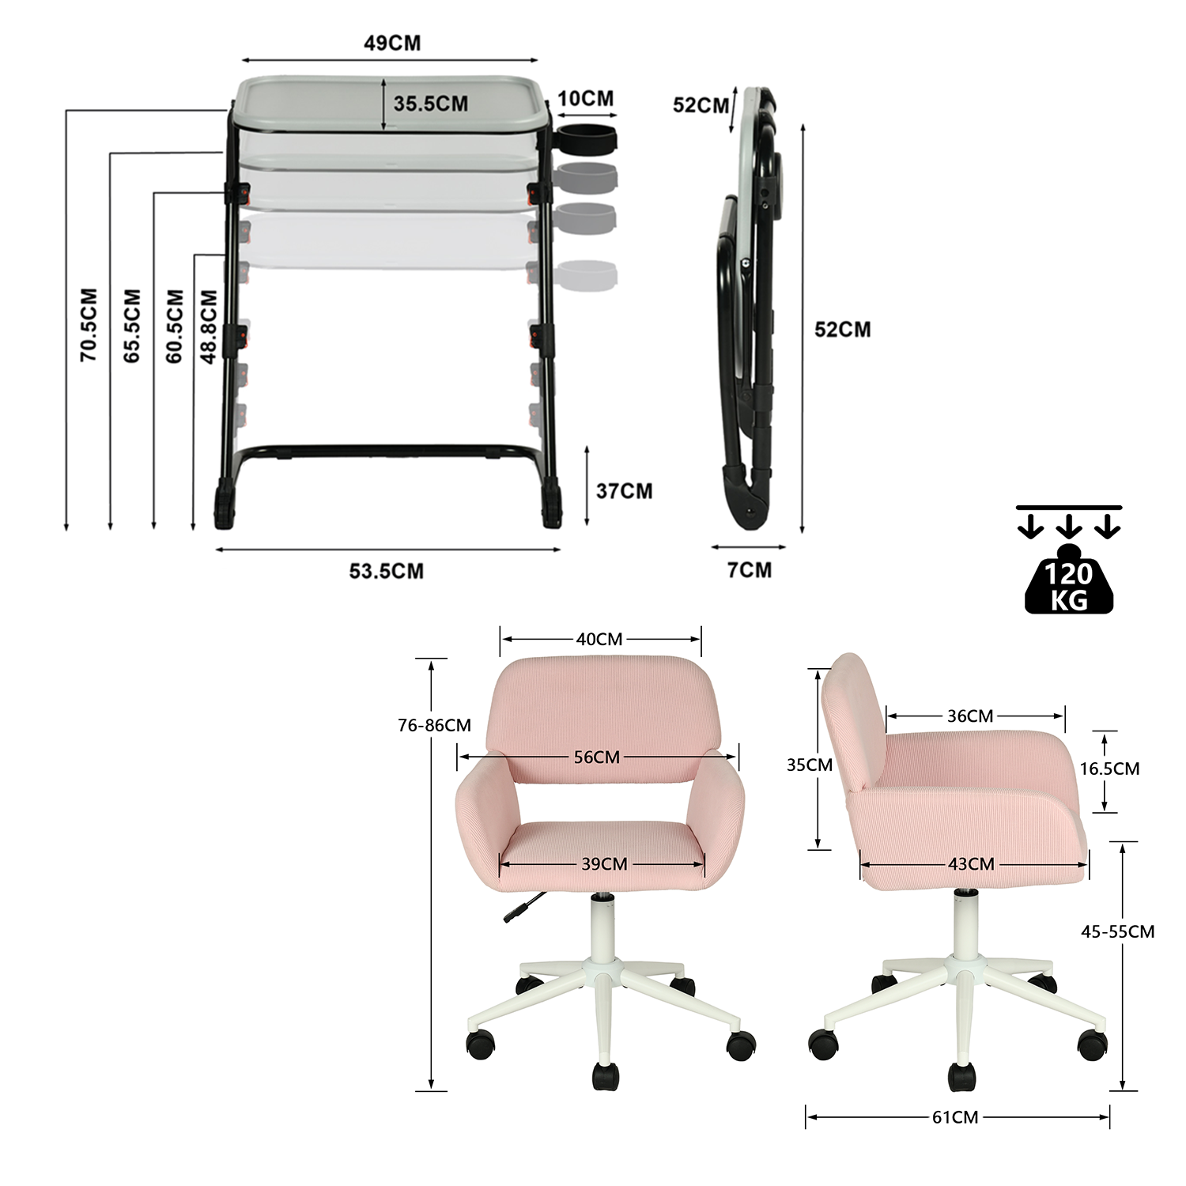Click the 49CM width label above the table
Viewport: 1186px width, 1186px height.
[392, 43]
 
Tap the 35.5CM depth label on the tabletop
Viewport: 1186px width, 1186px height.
[431, 104]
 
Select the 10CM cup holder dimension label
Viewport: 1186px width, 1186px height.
[585, 99]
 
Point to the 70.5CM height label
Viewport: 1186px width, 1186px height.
[89, 325]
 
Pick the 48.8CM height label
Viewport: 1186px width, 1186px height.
[209, 327]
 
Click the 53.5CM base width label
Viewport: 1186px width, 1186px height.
[387, 571]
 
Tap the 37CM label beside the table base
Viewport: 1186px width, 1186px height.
[624, 491]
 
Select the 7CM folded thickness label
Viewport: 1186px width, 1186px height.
[749, 570]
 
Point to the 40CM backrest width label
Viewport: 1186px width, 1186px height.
[599, 639]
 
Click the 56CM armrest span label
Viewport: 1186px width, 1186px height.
[597, 757]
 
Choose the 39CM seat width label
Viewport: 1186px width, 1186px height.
[604, 863]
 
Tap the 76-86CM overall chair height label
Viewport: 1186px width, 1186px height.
[434, 725]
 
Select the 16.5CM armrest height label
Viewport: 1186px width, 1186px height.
[1109, 769]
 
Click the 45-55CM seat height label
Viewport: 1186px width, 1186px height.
[1117, 931]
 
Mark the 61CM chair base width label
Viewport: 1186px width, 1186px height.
[955, 1116]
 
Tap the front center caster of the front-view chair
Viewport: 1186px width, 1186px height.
[606, 1076]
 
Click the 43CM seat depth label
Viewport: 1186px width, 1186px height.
[971, 863]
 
